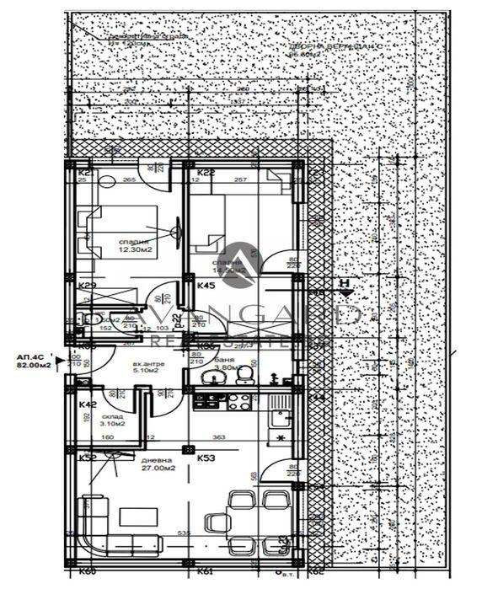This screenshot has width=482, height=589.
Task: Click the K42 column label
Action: pos(85,404)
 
